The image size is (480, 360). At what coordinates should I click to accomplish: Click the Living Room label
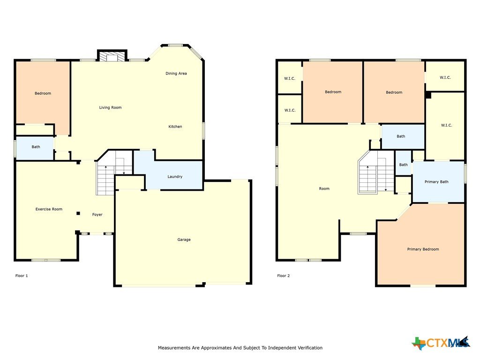coord(110,107)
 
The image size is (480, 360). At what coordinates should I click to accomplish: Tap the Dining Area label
coord(176,74)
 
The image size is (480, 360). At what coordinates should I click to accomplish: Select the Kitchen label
coord(175,127)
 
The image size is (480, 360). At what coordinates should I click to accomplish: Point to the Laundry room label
coord(175,177)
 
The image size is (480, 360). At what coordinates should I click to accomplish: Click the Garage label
coord(184,240)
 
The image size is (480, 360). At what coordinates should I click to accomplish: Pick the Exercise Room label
coord(49,209)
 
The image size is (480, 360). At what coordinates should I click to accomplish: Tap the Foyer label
coord(97,215)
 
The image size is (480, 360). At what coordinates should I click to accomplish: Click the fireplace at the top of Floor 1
coord(112,55)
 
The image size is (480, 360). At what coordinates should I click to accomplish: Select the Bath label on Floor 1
coord(36,147)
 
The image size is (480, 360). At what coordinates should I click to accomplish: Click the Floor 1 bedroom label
coord(43,93)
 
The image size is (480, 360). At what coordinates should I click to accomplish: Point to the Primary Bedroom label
coord(423,249)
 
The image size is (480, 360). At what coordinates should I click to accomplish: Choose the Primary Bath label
coord(436,182)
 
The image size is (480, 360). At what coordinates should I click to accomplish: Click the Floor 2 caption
coord(284,276)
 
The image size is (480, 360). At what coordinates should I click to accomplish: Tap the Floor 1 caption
coord(22,276)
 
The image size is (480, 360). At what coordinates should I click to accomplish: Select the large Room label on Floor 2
coord(324,188)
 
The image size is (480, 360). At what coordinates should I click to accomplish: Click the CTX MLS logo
coord(441,343)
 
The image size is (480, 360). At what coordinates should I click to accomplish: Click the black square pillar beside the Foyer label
coord(78,213)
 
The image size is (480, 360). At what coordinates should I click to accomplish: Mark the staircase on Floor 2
coord(376,172)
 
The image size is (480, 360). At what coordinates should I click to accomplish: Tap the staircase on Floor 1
coord(114,172)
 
